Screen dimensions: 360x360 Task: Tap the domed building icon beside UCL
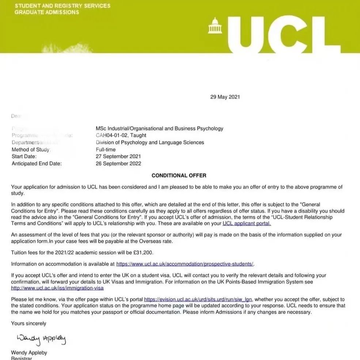[x=215, y=26]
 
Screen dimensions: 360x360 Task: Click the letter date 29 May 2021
[x=225, y=97]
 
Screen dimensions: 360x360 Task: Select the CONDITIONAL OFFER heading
[x=179, y=175]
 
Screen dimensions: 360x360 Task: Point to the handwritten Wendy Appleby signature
[x=41, y=339]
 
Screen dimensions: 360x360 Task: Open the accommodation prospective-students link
[x=185, y=264]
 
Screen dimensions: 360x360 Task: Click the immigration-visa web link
[x=57, y=288]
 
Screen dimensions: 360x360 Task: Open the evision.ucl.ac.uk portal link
[x=198, y=299]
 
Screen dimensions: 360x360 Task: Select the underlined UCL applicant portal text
[x=247, y=223]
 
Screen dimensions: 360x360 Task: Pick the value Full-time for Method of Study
[x=106, y=149]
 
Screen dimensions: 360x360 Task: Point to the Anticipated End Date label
[x=37, y=163]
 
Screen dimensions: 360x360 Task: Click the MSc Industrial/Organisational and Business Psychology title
[x=159, y=128]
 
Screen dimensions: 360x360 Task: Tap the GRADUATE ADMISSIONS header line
[x=47, y=12]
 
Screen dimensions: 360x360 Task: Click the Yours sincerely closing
[x=29, y=323]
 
